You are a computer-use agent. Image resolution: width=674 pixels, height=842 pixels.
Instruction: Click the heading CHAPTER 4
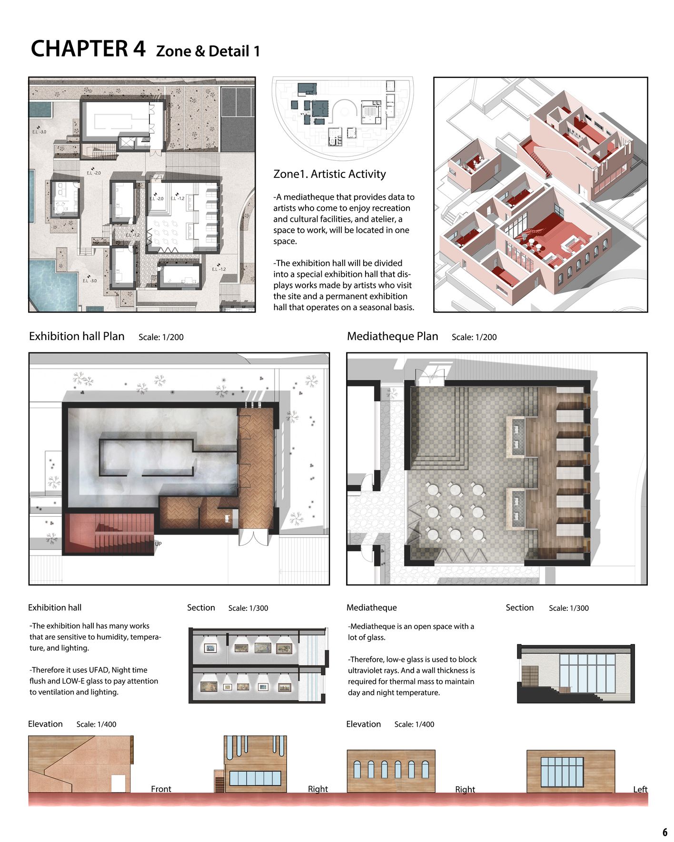pos(88,49)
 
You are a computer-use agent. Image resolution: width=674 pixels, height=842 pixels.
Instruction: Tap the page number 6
pos(664,832)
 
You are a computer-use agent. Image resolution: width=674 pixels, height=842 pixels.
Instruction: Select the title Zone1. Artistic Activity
pos(329,174)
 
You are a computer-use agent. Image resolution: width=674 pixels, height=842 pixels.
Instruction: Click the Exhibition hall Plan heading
pos(77,336)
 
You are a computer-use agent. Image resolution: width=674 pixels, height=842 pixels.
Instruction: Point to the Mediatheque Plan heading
pos(392,336)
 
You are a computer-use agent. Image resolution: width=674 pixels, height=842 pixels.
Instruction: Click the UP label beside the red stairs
pos(158,544)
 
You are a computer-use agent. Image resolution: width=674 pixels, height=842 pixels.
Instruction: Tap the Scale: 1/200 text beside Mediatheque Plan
pos(474,337)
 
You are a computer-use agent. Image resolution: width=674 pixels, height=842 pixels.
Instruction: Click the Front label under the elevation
pos(161,789)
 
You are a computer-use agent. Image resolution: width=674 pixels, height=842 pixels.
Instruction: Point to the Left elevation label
pos(640,789)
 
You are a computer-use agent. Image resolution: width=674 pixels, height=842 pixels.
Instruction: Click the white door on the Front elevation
pos(118,783)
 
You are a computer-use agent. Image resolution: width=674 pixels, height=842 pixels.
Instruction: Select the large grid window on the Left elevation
pos(562,772)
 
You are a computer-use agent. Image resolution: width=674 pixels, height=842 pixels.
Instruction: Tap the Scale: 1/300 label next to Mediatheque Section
pos(568,608)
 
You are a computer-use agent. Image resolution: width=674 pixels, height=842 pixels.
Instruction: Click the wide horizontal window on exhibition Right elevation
pos(255,778)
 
